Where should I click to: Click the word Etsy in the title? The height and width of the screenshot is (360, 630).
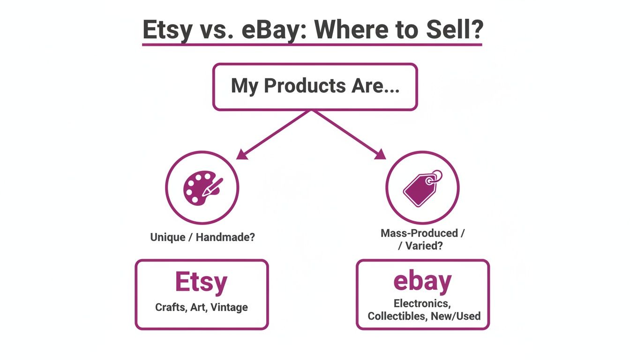(167, 30)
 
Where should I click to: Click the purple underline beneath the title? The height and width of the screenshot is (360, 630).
(312, 45)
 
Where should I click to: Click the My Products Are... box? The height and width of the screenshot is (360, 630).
(315, 87)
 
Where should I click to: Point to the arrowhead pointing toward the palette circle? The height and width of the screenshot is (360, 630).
(242, 154)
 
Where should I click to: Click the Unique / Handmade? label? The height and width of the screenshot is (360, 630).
(202, 237)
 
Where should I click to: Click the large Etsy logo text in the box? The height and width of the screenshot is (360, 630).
(201, 282)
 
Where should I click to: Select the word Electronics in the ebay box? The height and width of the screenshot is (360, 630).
(422, 303)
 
